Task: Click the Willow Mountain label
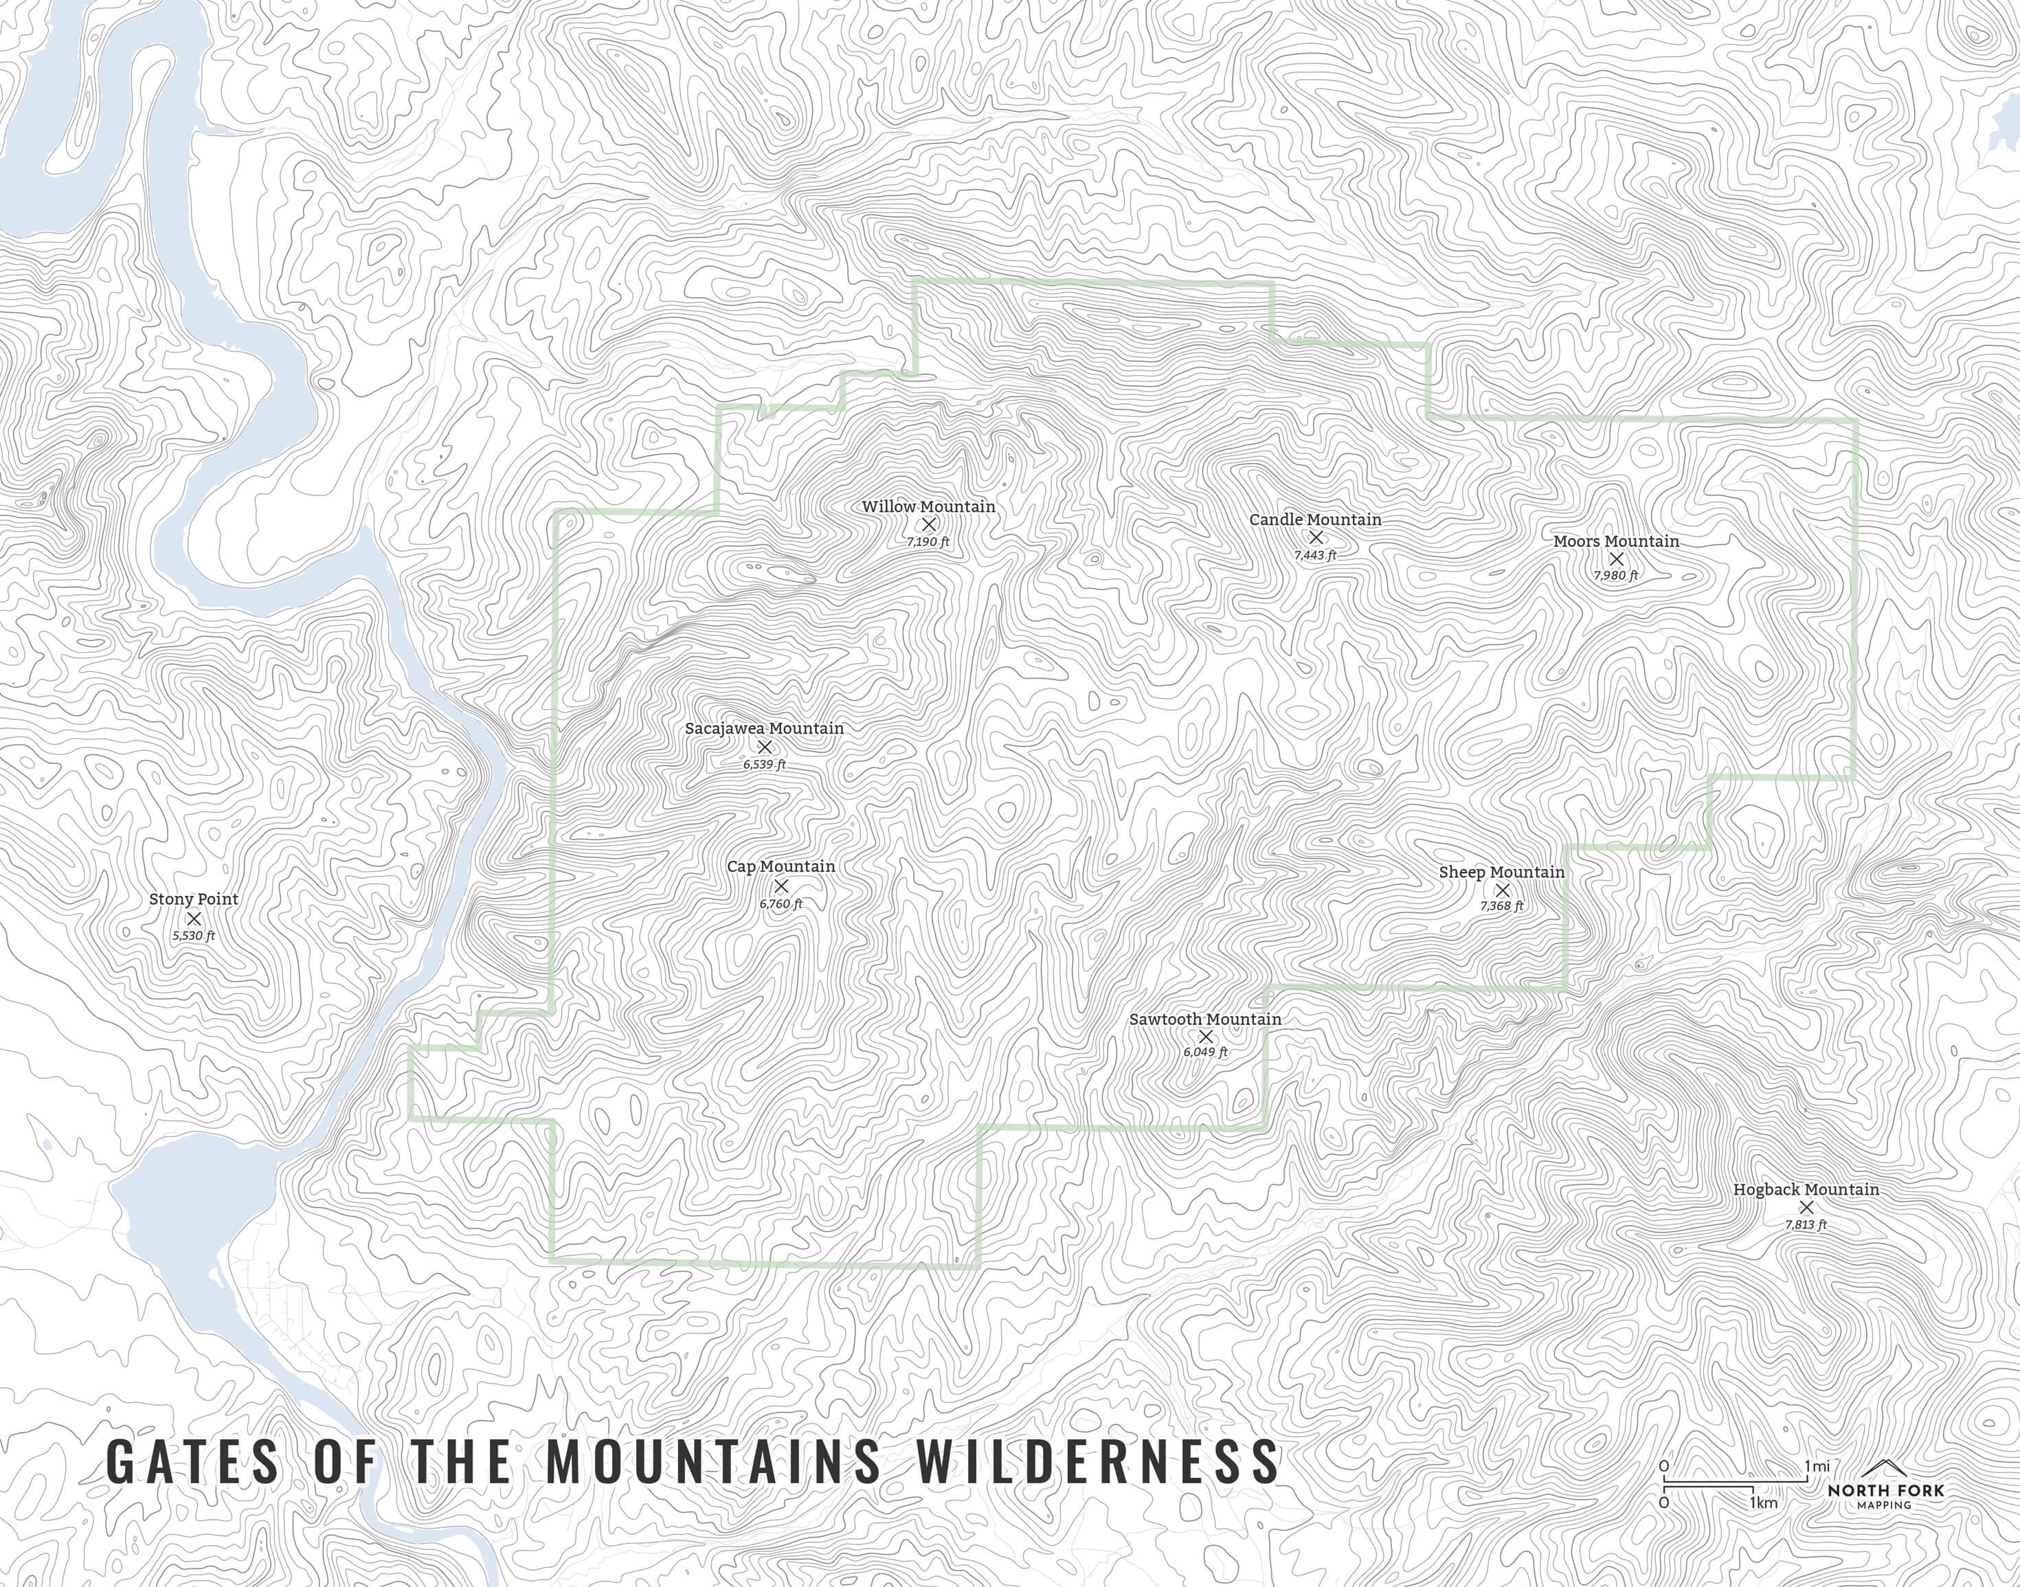(x=928, y=506)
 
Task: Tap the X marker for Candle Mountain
(x=1315, y=537)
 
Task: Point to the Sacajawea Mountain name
(x=764, y=728)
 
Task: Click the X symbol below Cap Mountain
(x=781, y=886)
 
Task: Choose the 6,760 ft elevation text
(x=781, y=903)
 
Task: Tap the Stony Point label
(x=193, y=899)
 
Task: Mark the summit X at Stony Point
(x=194, y=918)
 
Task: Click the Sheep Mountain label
(x=1501, y=872)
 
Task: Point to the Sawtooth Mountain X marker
(x=1205, y=1036)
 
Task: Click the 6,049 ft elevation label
(x=1205, y=1052)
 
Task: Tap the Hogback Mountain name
(x=1806, y=1189)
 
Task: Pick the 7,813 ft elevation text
(x=1806, y=1225)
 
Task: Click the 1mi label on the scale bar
(x=1817, y=1466)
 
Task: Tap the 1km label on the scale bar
(x=1764, y=1502)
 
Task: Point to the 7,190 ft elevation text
(x=928, y=541)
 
